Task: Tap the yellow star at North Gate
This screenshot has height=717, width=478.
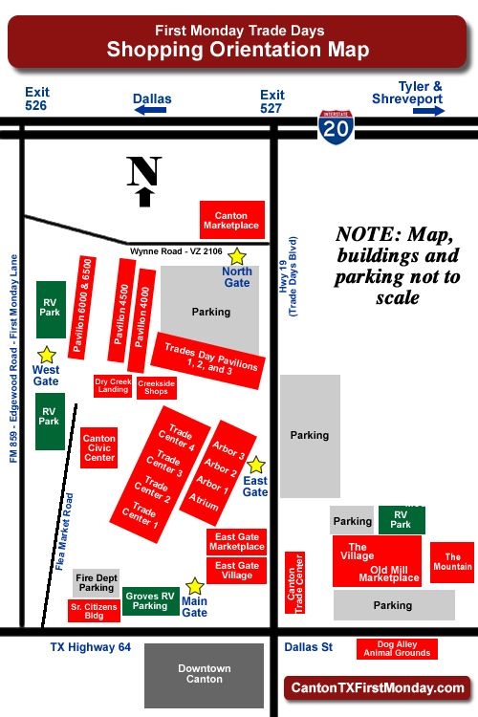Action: coord(237,257)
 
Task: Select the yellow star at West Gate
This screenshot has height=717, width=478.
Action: coord(47,355)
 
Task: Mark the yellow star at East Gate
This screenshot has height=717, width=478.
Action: coord(256,465)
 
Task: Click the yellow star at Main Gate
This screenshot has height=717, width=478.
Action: coord(195,586)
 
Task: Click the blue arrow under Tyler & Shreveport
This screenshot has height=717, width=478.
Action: coord(429,110)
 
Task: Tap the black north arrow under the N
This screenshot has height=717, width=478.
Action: coord(144,197)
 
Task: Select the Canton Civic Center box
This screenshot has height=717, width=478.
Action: coord(98,446)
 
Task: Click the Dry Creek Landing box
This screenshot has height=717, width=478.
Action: coord(113,386)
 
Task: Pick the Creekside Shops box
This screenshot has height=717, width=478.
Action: coord(156,387)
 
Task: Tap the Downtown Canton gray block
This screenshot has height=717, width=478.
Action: coord(205,675)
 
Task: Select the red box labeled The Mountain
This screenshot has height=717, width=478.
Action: coord(451,562)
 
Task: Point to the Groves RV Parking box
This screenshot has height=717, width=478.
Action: coord(150,601)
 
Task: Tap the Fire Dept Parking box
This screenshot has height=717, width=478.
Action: coord(96,582)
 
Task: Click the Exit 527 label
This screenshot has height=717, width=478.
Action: coord(273,101)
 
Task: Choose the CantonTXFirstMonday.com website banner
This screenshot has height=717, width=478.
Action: coord(378,687)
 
